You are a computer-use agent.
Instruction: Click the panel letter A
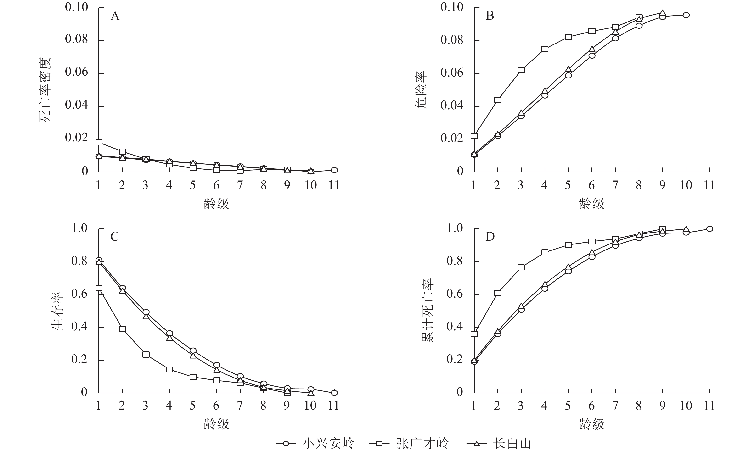[x=115, y=16]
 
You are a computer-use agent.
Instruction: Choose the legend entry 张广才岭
[x=422, y=443]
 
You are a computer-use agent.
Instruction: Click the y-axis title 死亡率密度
[x=45, y=90]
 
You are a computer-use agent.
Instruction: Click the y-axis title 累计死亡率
[x=428, y=311]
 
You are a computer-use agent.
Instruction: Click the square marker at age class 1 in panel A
[x=99, y=142]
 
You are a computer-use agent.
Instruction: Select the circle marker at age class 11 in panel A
[x=334, y=170]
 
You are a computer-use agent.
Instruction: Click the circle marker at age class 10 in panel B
[x=686, y=15]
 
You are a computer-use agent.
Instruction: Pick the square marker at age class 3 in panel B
[x=521, y=70]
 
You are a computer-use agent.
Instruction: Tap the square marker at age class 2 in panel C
[x=123, y=329]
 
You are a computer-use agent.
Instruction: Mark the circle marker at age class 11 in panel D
[x=709, y=229]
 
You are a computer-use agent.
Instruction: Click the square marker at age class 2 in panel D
[x=498, y=293]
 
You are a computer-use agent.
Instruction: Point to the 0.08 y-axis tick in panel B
[x=452, y=40]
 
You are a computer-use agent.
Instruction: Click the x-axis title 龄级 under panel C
[x=216, y=424]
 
